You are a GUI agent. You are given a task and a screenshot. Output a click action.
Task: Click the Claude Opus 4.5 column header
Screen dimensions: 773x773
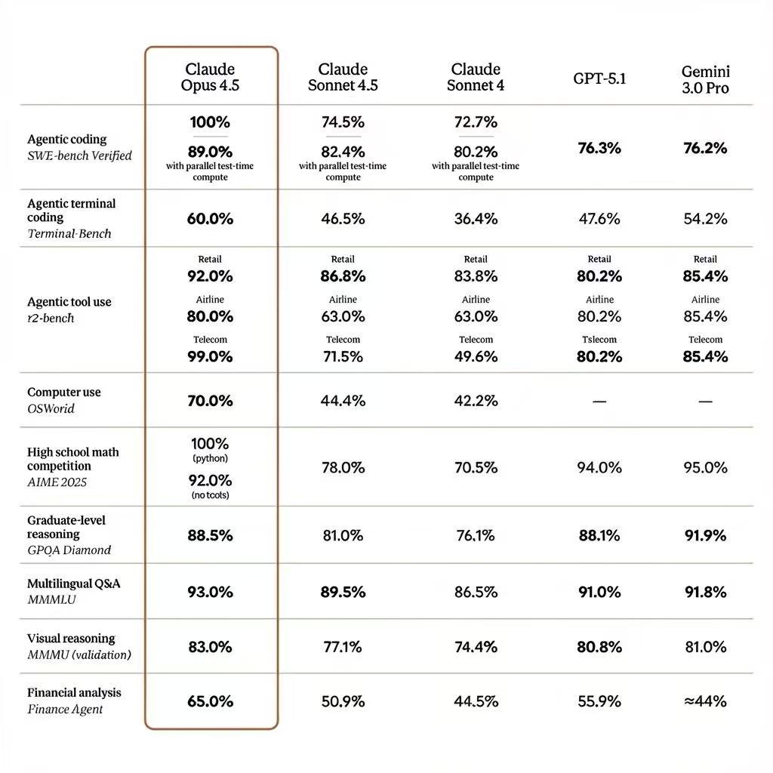coord(210,77)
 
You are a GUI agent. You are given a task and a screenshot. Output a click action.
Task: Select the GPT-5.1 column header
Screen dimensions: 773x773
coord(599,79)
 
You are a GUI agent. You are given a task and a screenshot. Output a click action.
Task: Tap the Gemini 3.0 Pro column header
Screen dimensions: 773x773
coord(705,79)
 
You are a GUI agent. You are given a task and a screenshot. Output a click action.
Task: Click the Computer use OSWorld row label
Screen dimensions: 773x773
coord(63,400)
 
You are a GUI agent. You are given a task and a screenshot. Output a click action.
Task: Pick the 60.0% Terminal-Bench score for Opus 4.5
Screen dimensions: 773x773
coord(210,219)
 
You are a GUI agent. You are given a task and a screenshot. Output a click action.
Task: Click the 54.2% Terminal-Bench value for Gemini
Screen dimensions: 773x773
coord(705,219)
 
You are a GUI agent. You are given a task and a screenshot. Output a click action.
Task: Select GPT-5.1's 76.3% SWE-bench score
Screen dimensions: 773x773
coord(599,148)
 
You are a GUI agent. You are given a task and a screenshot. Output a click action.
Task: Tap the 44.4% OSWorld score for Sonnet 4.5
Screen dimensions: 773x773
coord(343,401)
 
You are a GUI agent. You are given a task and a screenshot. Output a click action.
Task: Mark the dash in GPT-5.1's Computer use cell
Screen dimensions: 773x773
coord(599,402)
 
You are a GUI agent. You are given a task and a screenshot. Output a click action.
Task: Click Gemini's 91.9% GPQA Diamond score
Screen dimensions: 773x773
coord(705,535)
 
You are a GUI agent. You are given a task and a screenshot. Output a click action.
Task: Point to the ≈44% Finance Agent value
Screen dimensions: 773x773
coord(705,701)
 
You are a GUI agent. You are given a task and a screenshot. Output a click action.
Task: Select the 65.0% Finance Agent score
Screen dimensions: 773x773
coord(210,701)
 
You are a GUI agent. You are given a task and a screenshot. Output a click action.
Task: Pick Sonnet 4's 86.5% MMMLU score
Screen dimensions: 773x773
coord(476,592)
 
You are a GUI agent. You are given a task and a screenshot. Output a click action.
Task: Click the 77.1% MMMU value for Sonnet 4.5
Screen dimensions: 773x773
coord(343,647)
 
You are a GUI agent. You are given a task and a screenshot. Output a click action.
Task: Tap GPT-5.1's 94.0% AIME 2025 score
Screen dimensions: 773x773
coord(599,467)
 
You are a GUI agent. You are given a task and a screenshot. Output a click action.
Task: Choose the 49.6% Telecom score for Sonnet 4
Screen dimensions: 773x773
coord(476,356)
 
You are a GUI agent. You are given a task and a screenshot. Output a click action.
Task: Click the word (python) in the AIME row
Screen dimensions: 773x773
coord(210,458)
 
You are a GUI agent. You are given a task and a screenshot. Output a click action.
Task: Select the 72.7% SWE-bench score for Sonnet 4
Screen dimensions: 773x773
coord(476,122)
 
